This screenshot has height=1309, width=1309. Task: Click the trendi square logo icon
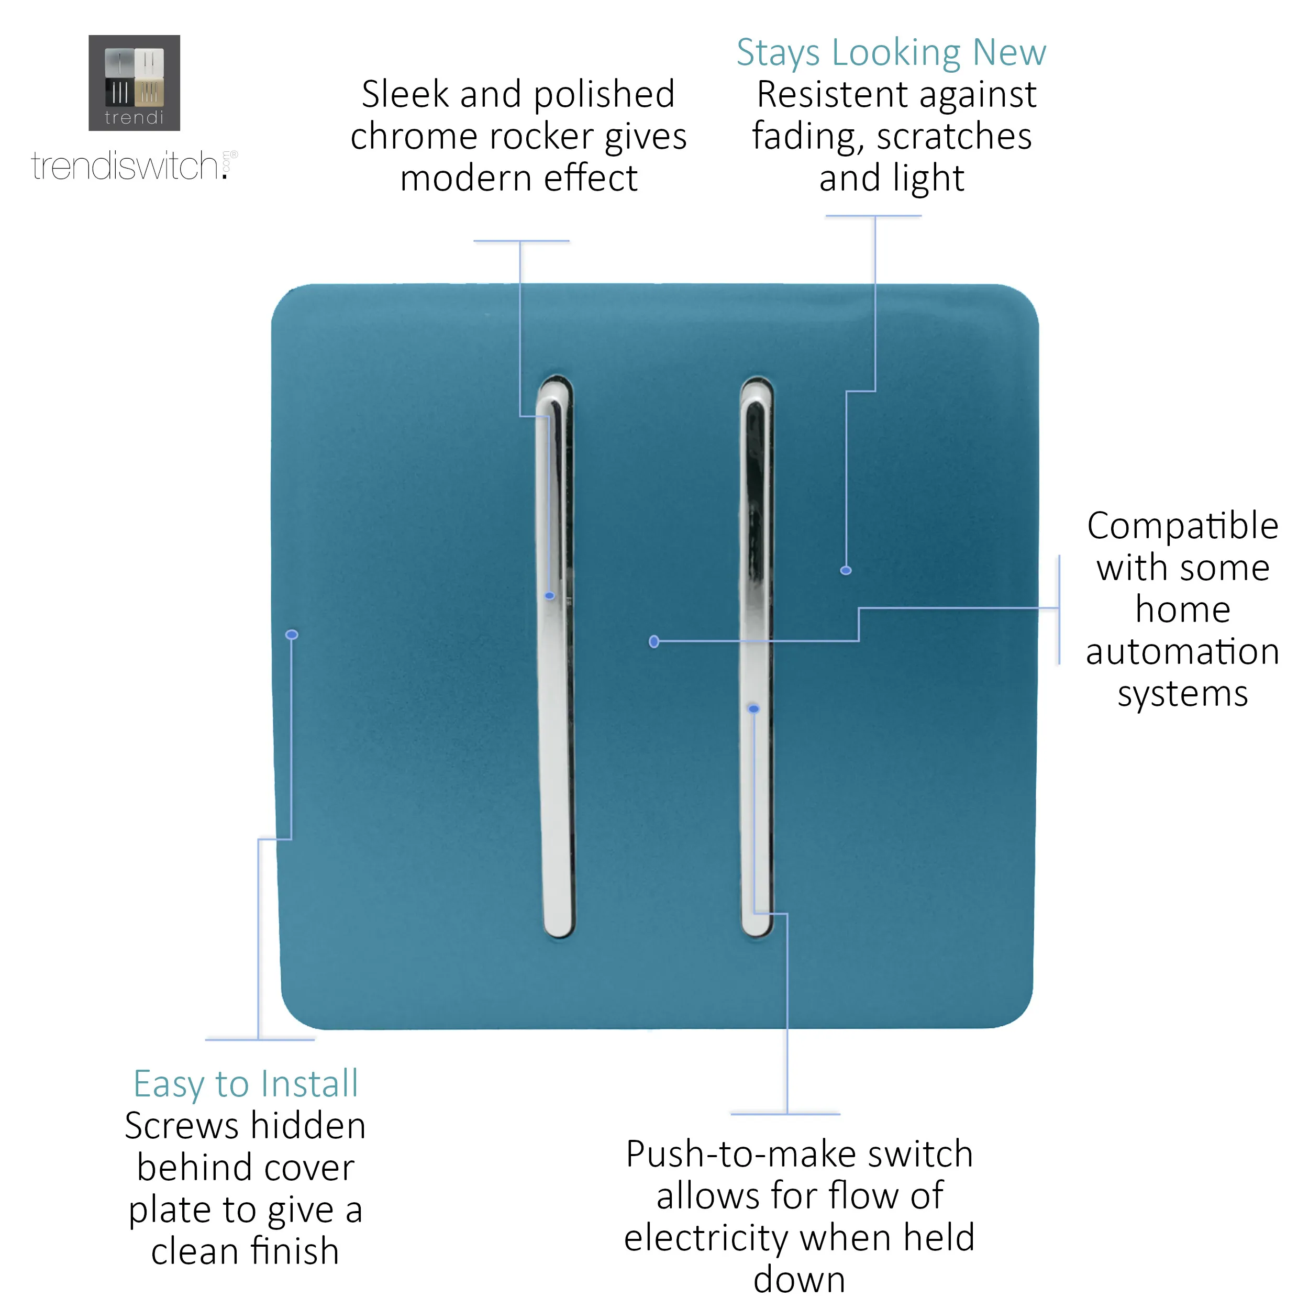pos(134,83)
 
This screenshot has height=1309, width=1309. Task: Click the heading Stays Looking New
pos(891,53)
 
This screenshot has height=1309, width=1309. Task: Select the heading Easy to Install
pos(245,1083)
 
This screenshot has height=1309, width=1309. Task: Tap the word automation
pos(1182,651)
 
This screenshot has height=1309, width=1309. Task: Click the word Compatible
pos(1182,526)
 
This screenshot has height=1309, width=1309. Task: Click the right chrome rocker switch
pos(756,657)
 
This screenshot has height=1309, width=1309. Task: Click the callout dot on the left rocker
pos(549,595)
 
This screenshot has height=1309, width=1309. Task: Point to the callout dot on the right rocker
pos(753,709)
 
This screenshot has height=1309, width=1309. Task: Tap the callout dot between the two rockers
pos(654,641)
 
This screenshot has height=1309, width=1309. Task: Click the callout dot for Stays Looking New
pos(846,571)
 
